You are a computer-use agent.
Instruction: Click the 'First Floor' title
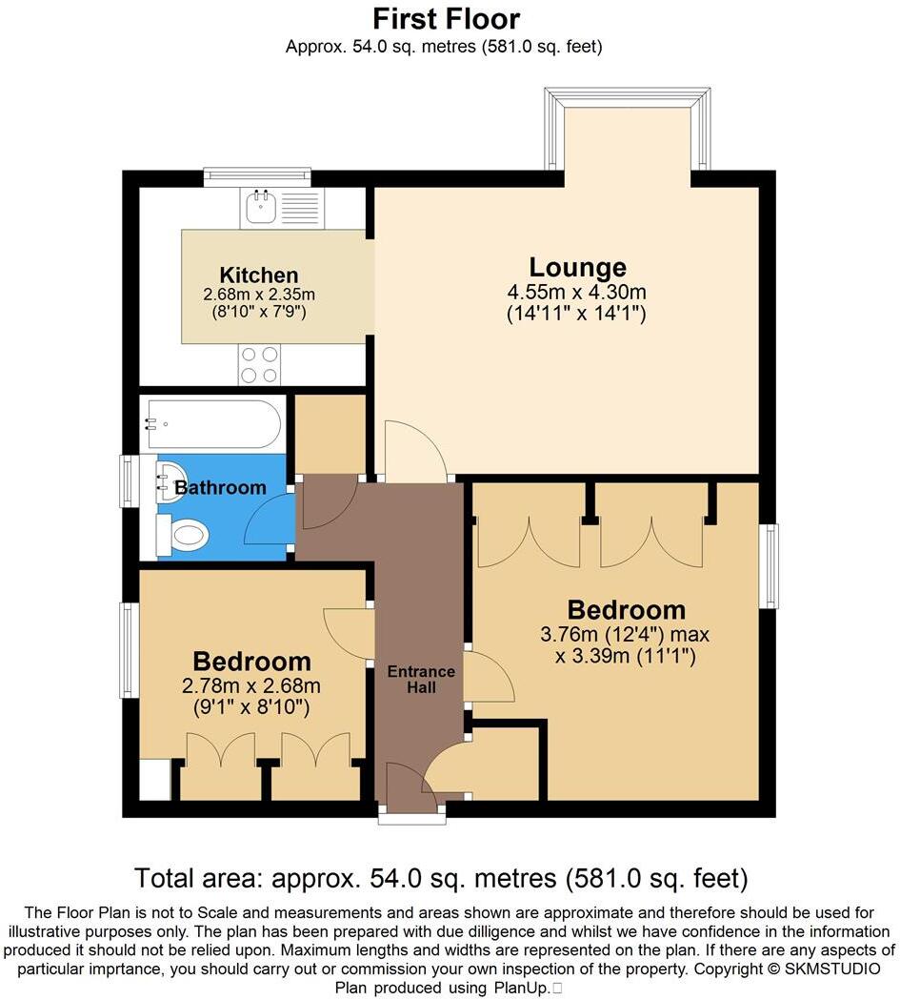[446, 18]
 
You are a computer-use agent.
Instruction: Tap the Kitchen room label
[259, 276]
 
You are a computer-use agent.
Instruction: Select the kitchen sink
[258, 207]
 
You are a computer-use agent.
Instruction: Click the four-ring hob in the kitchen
[259, 363]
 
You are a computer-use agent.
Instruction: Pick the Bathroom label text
[220, 488]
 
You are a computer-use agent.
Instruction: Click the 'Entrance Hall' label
[421, 679]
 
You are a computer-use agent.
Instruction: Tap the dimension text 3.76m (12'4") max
[624, 635]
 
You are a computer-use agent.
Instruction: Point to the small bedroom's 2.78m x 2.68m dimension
[251, 686]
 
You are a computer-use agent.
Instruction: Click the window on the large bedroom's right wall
[769, 565]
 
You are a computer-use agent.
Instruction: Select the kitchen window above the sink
[257, 174]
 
